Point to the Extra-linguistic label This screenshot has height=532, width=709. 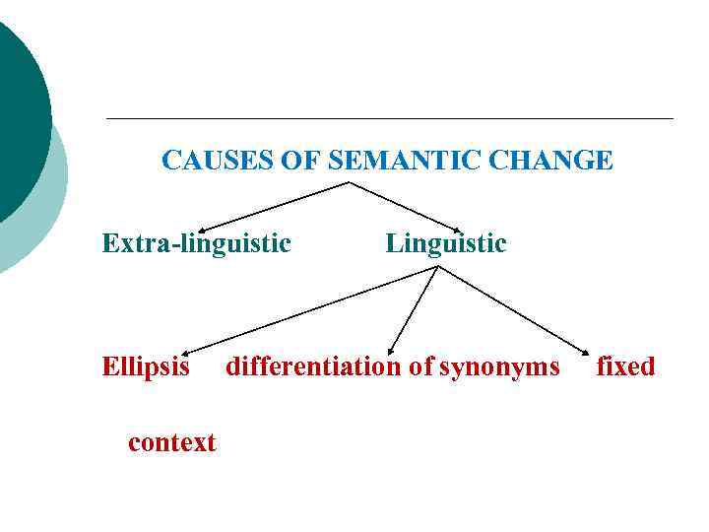click(x=196, y=242)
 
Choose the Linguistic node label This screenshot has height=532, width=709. click(x=446, y=242)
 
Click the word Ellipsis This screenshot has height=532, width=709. click(x=146, y=367)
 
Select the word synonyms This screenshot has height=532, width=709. click(x=499, y=367)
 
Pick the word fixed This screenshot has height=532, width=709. click(x=625, y=367)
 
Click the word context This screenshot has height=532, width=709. click(x=171, y=442)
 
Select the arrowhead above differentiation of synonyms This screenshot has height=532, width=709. click(x=391, y=348)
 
